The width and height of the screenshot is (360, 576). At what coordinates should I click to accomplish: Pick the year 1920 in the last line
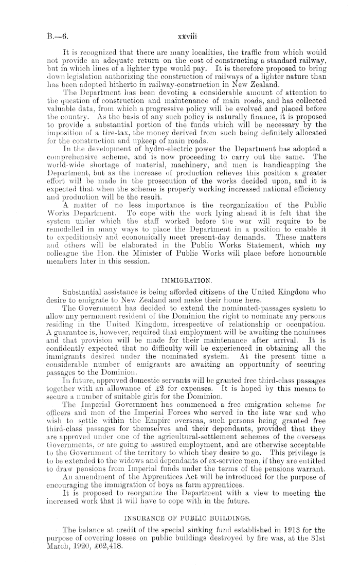tap(81, 561)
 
